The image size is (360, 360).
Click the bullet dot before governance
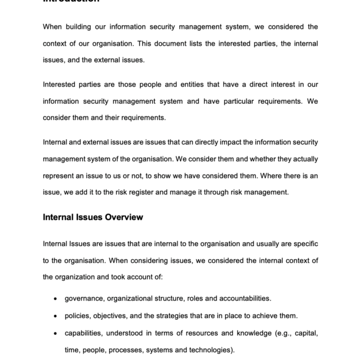[56, 298]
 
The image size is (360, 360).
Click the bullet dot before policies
[56, 316]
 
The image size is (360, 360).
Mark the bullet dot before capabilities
[56, 333]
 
